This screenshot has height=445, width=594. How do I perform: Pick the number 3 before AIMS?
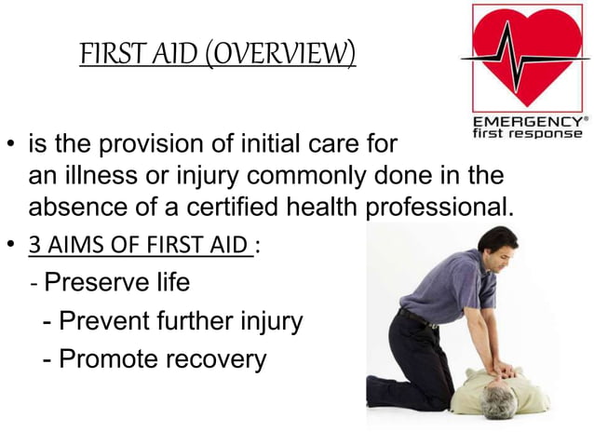pos(34,247)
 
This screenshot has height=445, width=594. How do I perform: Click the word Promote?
pos(103,359)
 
